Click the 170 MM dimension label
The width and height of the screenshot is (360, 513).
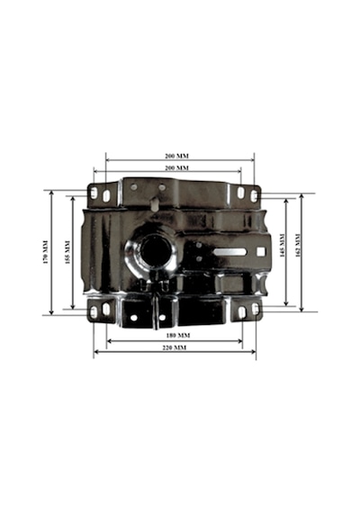(x=46, y=252)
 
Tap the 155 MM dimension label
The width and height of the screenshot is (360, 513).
(x=67, y=252)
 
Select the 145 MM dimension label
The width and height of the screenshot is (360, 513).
(x=282, y=246)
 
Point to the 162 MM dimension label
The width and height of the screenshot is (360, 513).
(x=298, y=246)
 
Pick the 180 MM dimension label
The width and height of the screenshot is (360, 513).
(x=178, y=336)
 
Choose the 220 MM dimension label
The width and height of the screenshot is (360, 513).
(x=175, y=347)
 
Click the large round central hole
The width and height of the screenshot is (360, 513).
(x=156, y=251)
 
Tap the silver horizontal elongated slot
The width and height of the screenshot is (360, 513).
(x=229, y=252)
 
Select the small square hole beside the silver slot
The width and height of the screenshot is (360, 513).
(x=261, y=252)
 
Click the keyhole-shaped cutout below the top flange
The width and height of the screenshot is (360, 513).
(x=154, y=203)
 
